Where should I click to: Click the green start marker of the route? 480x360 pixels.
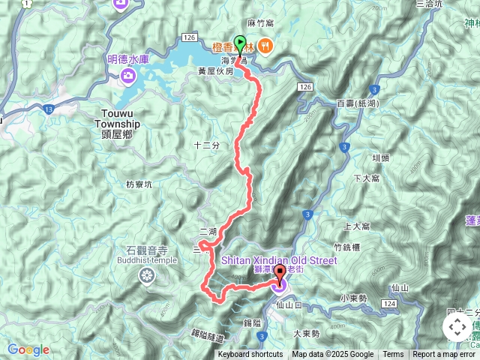[241, 43]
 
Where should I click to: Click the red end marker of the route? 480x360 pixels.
[280, 273]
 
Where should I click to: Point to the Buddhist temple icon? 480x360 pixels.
[146, 276]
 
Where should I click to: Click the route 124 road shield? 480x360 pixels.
[388, 302]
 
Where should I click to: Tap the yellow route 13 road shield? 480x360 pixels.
[49, 109]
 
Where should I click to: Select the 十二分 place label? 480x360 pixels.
[205, 146]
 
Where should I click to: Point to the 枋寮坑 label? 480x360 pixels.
[139, 184]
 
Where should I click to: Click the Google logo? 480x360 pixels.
[28, 349]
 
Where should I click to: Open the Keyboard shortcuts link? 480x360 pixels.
[250, 355]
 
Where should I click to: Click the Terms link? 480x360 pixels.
[393, 355]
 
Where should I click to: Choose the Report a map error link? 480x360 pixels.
[444, 355]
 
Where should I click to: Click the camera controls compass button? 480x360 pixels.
[457, 328]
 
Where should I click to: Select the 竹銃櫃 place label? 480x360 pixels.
[347, 247]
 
